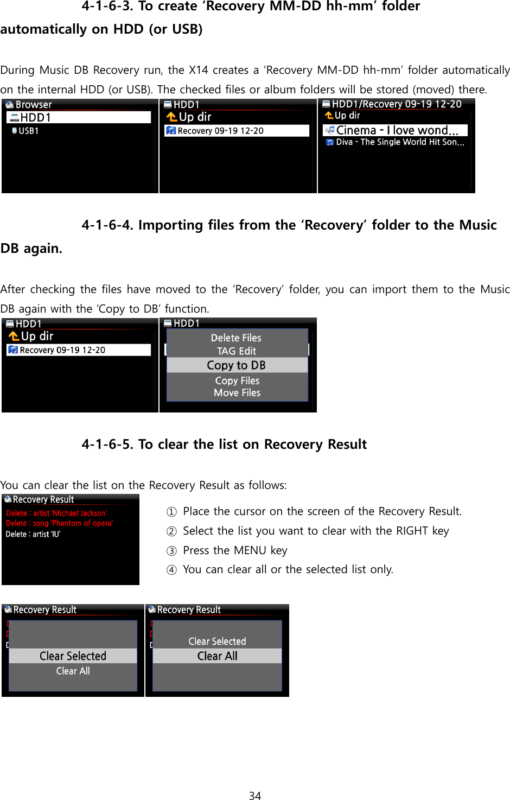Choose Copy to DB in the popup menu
point(237,365)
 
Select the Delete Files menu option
point(236,338)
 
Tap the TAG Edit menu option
point(237,351)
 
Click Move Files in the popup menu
point(237,393)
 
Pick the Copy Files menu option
point(237,380)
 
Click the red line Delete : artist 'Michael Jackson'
point(56,513)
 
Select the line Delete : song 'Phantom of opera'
point(59,523)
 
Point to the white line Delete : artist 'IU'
point(33,534)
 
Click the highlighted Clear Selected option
point(73,656)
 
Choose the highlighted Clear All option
point(217,656)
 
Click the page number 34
point(255,795)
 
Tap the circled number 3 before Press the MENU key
point(171,551)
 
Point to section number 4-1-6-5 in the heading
point(107,445)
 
